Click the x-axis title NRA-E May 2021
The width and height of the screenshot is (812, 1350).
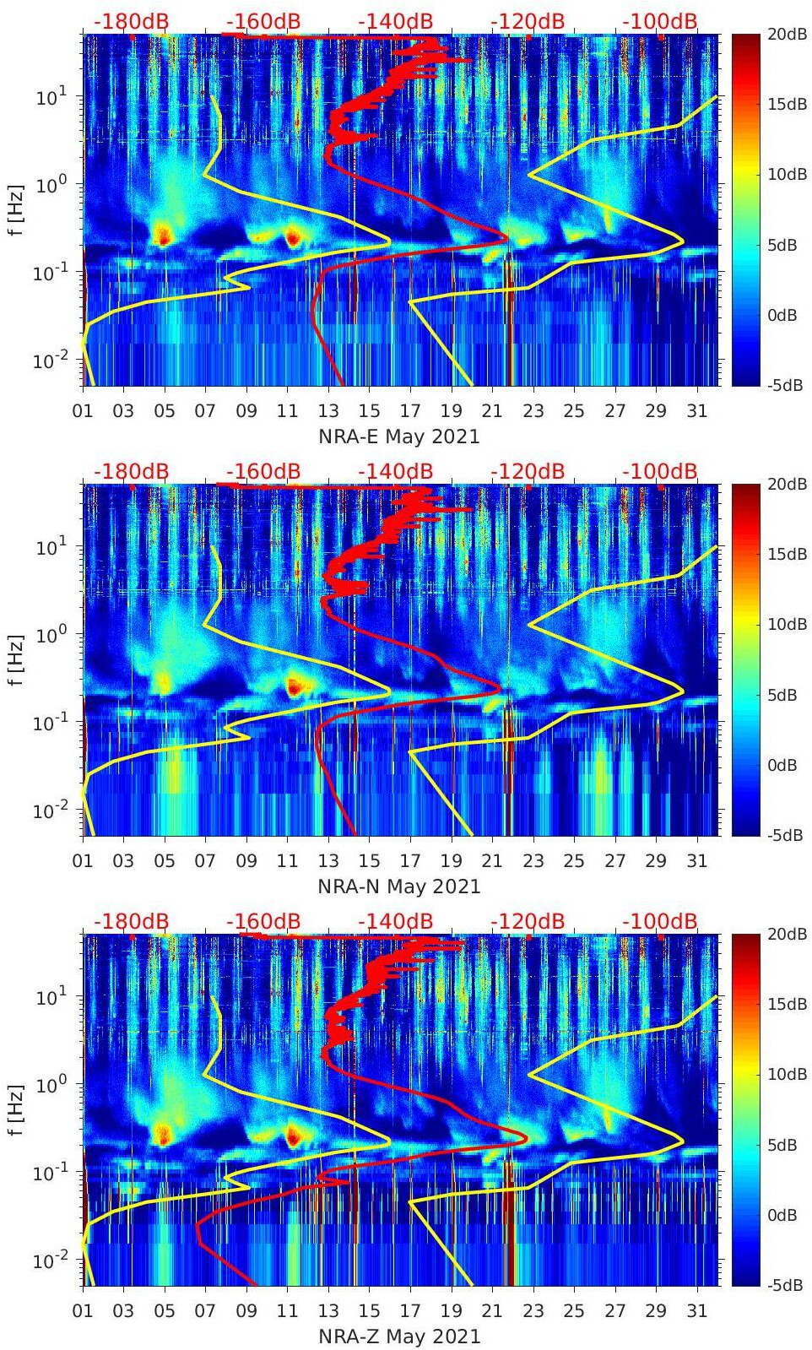coord(399,436)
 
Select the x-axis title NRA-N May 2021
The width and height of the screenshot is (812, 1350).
coord(399,886)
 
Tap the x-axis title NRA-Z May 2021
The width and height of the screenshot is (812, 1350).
coord(399,1336)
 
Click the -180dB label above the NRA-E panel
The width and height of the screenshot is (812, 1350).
coord(131,21)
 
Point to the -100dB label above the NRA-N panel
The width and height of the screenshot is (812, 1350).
coord(660,471)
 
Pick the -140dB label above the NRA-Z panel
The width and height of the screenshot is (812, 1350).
coord(395,921)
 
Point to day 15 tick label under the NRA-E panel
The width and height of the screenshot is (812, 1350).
coord(369,411)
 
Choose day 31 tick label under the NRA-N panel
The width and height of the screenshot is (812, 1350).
coord(696,861)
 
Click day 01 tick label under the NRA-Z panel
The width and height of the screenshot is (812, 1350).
coord(83,1311)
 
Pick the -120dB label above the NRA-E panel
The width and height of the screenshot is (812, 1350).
coord(528,21)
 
